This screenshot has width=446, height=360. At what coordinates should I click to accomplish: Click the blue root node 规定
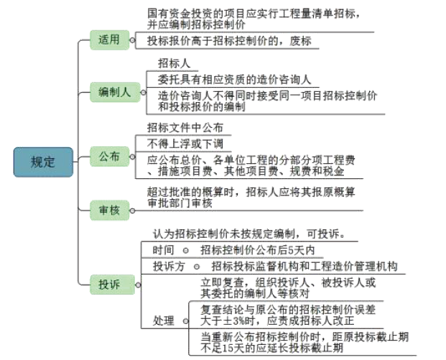(42, 162)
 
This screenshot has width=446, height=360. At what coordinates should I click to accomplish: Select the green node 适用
(109, 40)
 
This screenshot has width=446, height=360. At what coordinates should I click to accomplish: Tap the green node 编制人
(114, 91)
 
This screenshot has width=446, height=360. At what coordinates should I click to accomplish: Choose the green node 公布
(109, 156)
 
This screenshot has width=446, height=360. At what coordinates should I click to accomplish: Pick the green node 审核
(109, 211)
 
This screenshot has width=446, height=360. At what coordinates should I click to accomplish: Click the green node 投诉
(109, 285)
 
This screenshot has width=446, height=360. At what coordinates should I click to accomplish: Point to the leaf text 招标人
(173, 63)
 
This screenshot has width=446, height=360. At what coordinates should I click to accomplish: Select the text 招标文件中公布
(185, 127)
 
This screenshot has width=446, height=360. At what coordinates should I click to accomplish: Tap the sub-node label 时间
(163, 250)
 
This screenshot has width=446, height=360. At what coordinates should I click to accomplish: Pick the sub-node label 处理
(163, 319)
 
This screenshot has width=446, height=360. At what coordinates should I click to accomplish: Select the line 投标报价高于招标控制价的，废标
(229, 41)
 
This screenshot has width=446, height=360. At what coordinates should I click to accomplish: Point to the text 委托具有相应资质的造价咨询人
(234, 78)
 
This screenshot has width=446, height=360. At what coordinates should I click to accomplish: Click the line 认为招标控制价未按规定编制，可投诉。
(249, 234)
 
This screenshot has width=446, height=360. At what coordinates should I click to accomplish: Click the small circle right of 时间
(185, 250)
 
